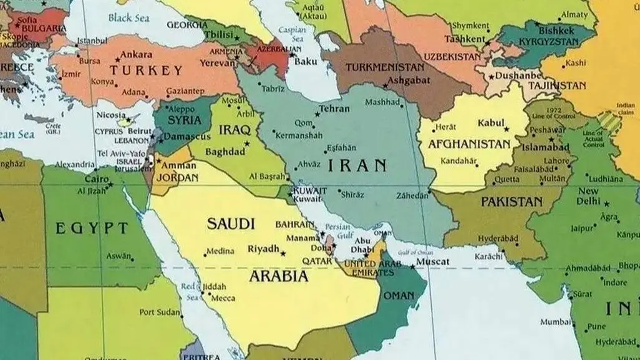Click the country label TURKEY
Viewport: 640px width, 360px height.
[x=147, y=71]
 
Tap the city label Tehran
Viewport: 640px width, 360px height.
[x=335, y=109]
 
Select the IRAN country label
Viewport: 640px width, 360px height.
[x=357, y=165]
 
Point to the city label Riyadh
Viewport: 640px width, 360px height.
[x=263, y=249]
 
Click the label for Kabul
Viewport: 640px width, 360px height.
[x=490, y=124]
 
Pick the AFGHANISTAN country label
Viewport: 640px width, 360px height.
[x=469, y=144]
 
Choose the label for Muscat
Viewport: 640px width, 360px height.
[x=432, y=261]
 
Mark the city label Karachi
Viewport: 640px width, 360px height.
[x=488, y=256]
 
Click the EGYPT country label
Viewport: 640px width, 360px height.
[x=92, y=228]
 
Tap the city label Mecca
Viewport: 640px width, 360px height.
[x=223, y=298]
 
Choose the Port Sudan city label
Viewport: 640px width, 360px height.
[x=159, y=312]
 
